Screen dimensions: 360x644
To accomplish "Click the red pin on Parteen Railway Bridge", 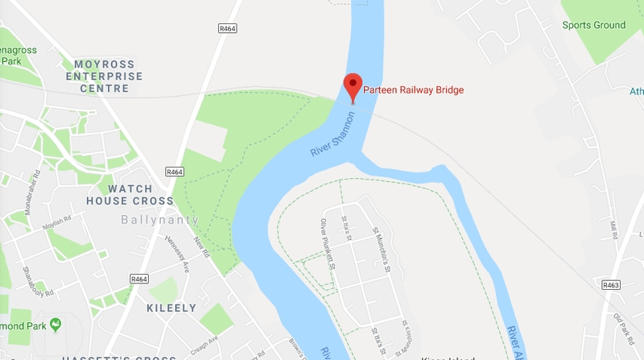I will (352, 84).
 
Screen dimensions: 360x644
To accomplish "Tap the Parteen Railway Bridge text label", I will (414, 89).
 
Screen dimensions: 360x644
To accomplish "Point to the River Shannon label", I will (332, 134).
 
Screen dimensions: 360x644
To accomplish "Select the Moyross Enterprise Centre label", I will (108, 77).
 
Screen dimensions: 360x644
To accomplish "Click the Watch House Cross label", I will (130, 194).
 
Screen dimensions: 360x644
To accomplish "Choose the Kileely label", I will (171, 308).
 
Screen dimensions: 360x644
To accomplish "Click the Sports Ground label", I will (593, 25).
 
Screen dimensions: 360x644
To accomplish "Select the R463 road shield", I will (612, 284).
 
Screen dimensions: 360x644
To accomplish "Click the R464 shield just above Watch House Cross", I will (175, 172).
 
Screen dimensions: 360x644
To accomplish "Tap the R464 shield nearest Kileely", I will (138, 279).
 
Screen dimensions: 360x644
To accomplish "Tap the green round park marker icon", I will (56, 325).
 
